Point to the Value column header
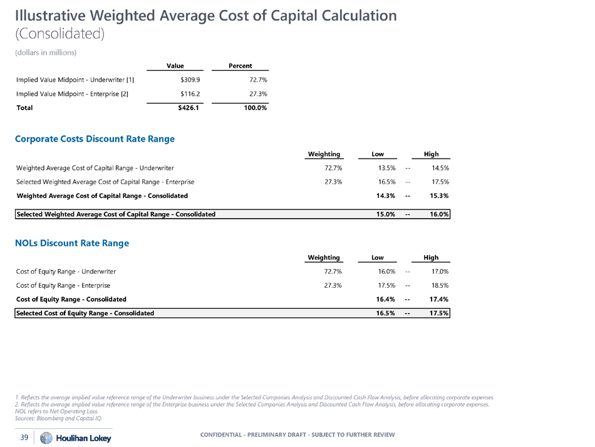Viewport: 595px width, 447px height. (x=175, y=65)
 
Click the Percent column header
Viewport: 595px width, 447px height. (x=241, y=65)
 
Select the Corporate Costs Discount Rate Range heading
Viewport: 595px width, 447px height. (x=95, y=139)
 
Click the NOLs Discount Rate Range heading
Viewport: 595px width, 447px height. (x=72, y=243)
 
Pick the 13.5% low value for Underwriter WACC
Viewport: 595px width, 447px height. (x=383, y=168)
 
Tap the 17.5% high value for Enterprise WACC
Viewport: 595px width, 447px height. (x=439, y=182)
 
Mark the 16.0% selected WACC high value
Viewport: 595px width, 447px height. (x=438, y=214)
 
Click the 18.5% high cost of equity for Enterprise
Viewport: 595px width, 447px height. (x=439, y=285)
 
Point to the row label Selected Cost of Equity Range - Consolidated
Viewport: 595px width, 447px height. (x=85, y=313)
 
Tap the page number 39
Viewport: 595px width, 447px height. (x=24, y=438)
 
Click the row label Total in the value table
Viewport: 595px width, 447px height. (x=24, y=107)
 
